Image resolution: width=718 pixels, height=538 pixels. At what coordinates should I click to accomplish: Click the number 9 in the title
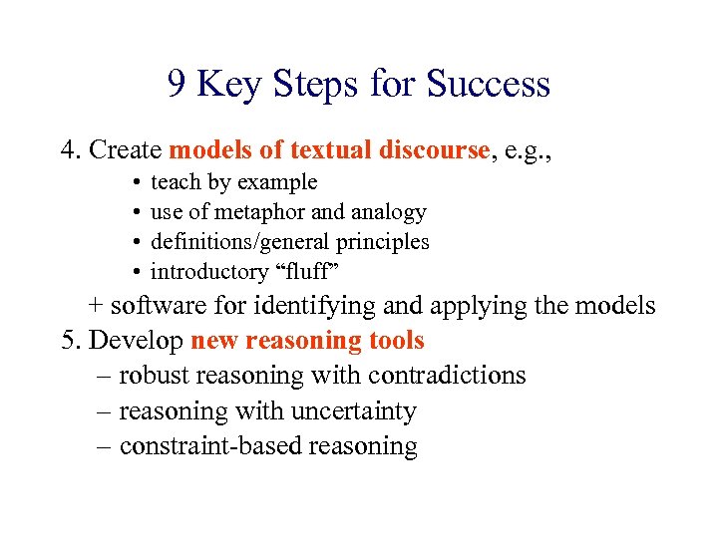point(177,85)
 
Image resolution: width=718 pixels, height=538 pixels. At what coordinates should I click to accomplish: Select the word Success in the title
point(488,85)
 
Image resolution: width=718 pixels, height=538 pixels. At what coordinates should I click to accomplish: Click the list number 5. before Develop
point(71,341)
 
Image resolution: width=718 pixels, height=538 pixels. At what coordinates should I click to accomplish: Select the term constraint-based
point(210,446)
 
